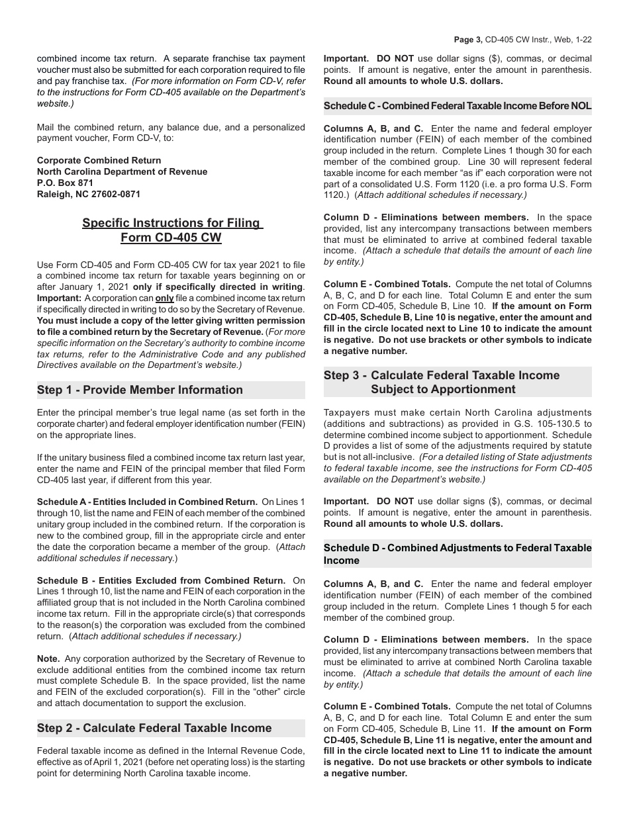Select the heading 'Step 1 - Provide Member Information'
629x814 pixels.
tap(140, 390)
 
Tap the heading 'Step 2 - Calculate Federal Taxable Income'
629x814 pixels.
tap(154, 728)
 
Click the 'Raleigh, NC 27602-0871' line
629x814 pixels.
tap(89, 194)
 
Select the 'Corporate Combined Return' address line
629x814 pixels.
tap(99, 160)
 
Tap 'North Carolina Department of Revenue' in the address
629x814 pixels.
tap(122, 171)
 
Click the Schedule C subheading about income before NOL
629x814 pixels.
tap(458, 106)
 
